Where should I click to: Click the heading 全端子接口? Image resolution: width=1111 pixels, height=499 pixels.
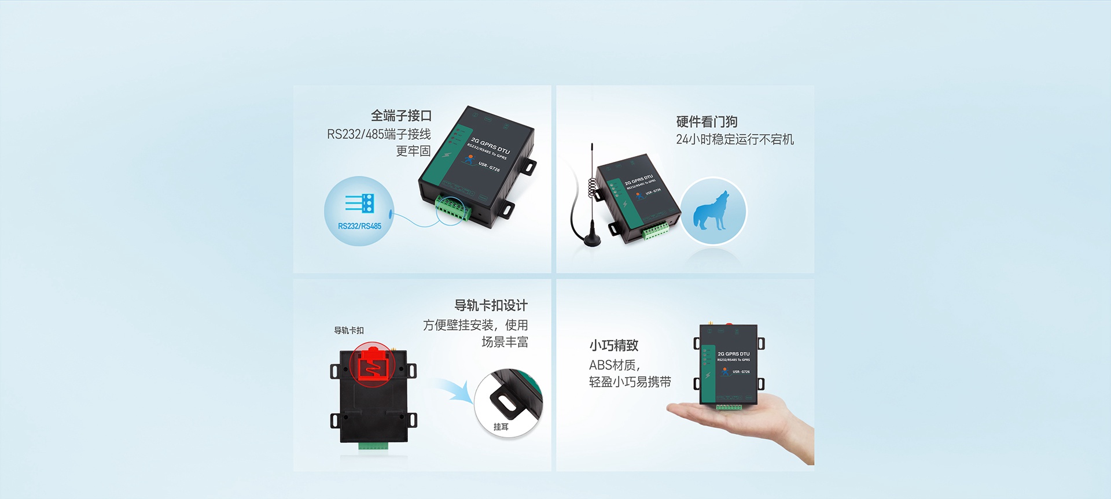click(x=401, y=116)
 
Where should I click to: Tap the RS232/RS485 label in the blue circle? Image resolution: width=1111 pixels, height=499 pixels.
click(x=359, y=226)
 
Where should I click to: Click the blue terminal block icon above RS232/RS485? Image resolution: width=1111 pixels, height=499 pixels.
click(x=360, y=204)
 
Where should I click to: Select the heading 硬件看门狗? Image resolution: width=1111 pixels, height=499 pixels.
click(x=707, y=121)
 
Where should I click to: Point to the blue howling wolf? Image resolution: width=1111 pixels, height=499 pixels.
click(x=712, y=211)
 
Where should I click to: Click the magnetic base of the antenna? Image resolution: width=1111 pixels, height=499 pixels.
click(x=591, y=239)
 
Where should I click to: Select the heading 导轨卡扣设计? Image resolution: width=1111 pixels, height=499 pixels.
click(x=491, y=305)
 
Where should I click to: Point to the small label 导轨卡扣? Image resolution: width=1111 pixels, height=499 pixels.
click(x=349, y=331)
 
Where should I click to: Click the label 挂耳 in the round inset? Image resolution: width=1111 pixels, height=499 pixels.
click(x=501, y=427)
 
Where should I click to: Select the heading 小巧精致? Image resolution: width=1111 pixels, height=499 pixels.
click(x=614, y=345)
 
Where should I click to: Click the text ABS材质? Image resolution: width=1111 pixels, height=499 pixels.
click(x=614, y=365)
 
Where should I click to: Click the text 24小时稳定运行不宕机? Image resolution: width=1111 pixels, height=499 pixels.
click(x=735, y=139)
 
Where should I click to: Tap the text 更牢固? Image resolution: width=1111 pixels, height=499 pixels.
click(x=413, y=151)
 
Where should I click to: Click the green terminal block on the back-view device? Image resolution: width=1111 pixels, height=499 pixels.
click(x=373, y=446)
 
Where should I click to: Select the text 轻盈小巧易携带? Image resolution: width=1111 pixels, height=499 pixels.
click(x=630, y=382)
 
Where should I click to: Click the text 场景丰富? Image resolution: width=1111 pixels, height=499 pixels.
click(x=505, y=342)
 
